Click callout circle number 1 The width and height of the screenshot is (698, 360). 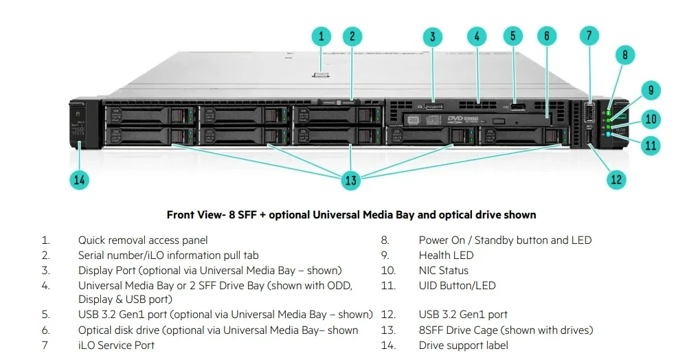321,36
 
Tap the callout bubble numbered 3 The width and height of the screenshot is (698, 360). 432,37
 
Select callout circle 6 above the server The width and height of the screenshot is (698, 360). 546,36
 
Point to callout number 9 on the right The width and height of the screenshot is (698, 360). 650,90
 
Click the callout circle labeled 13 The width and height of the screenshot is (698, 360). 351,181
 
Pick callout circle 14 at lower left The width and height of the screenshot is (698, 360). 80,180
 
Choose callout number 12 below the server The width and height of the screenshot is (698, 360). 616,179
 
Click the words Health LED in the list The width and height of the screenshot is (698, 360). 446,256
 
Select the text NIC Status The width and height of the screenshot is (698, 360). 443,271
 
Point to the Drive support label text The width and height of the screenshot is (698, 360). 464,346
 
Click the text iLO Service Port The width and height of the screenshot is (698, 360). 116,346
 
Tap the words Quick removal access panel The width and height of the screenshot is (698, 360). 143,240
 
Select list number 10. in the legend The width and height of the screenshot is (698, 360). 388,271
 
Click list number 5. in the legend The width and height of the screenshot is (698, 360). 46,315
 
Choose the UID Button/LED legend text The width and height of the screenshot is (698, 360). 457,286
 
